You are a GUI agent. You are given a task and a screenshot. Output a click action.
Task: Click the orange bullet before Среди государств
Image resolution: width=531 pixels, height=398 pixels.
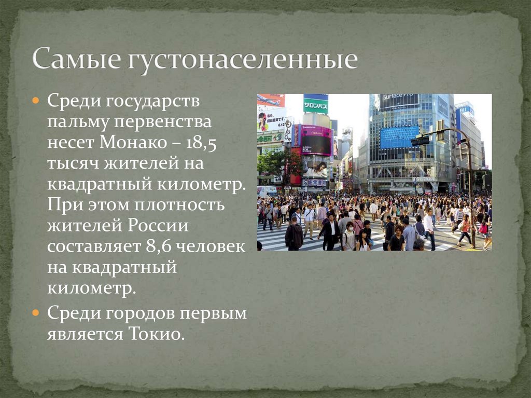click(36, 100)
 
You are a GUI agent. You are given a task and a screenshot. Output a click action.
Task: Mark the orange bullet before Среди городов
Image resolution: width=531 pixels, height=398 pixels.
click(36, 313)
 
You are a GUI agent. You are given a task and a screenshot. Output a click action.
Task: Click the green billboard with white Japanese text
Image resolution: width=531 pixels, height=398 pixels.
click(315, 105)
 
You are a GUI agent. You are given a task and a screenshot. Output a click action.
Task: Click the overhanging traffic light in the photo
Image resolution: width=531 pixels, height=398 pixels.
click(420, 141)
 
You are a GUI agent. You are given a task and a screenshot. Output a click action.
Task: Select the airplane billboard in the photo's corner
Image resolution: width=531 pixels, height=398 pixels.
click(271, 100)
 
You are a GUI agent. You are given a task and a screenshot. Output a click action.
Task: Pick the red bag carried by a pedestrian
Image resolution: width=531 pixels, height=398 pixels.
click(483, 228)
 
